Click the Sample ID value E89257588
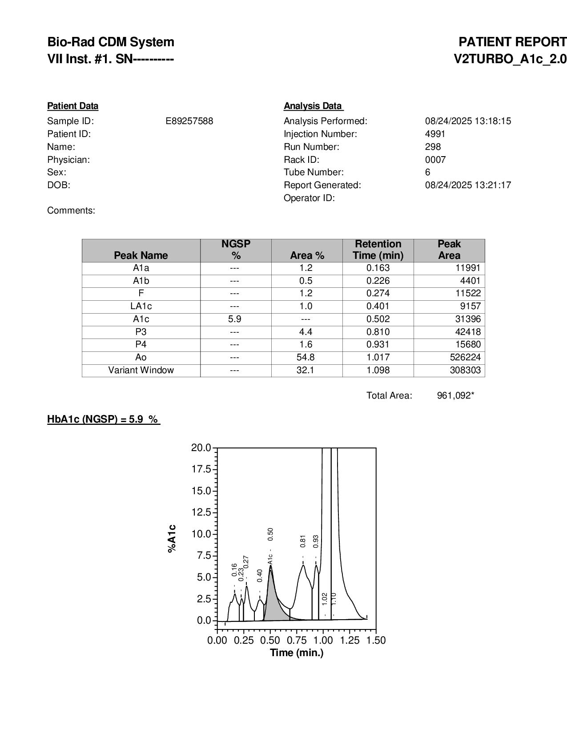point(189,121)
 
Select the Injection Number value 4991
point(435,134)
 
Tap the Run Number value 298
point(433,147)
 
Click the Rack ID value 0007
point(435,160)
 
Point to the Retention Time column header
point(378,250)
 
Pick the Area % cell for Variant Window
point(306,370)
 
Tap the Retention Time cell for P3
point(378,332)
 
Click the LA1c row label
point(141,306)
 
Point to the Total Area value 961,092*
point(455,395)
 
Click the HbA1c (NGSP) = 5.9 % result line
point(103,419)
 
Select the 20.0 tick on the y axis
point(201,448)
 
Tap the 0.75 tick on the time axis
point(297,640)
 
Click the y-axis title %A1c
point(172,538)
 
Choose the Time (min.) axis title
point(297,653)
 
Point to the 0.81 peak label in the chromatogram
point(303,541)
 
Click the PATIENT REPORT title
point(512,42)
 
